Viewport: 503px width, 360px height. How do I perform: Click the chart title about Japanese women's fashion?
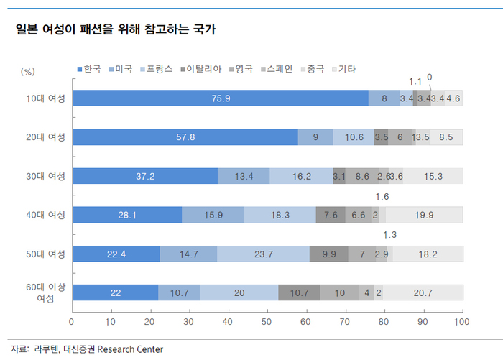tap(116, 30)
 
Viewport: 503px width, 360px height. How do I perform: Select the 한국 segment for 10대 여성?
tap(221, 98)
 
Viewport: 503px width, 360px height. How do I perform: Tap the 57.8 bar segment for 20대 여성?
tap(186, 137)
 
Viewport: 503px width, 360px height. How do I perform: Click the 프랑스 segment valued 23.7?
tap(263, 254)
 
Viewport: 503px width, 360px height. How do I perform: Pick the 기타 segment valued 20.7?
tap(423, 292)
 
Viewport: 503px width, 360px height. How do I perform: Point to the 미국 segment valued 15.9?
tap(213, 215)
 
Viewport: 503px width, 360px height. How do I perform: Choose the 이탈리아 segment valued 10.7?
tap(299, 292)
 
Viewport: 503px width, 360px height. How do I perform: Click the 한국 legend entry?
tap(88, 70)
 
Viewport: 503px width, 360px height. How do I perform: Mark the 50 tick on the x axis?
tap(267, 320)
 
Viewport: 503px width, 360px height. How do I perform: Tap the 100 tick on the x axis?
tap(461, 320)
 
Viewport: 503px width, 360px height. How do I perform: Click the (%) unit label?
tap(28, 72)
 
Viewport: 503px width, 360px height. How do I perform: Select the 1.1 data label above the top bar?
tap(415, 81)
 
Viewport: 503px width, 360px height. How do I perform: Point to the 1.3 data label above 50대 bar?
tap(390, 235)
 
